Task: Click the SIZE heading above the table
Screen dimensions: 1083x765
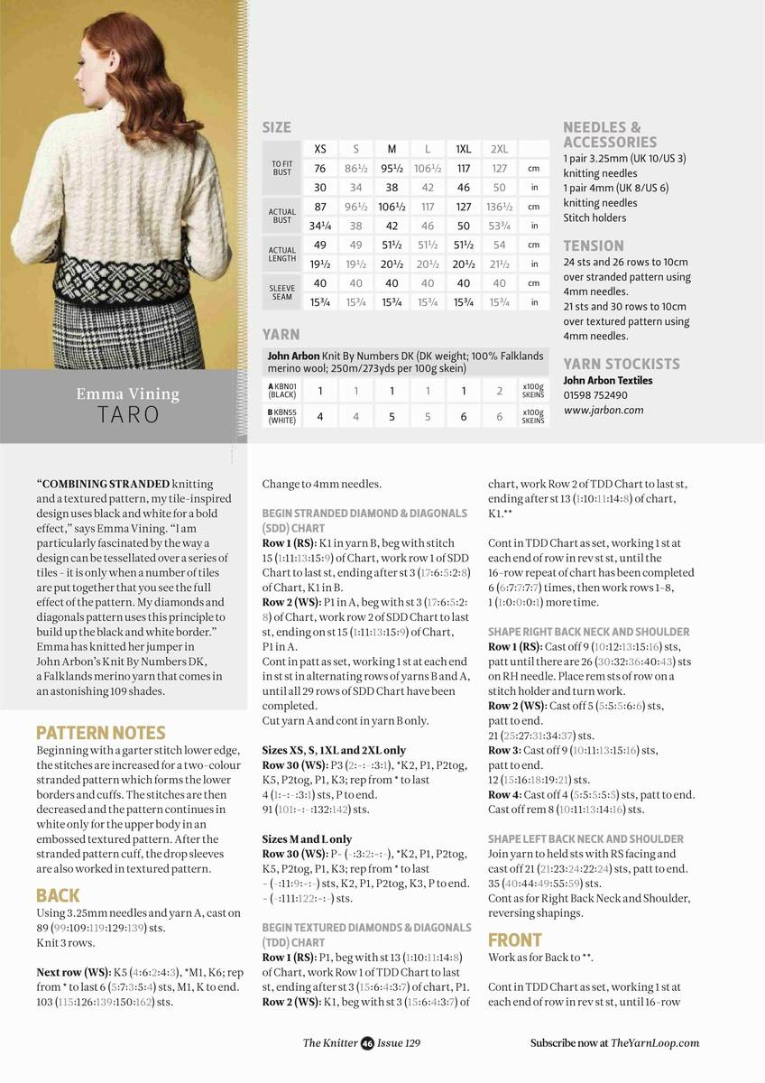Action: click(276, 127)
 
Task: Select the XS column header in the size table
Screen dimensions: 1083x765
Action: click(320, 149)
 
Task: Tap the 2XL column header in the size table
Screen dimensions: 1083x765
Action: click(499, 149)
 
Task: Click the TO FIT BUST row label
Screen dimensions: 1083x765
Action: click(282, 168)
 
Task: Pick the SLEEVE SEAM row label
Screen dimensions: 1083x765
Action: click(282, 292)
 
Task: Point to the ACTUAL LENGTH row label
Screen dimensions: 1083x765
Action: click(282, 254)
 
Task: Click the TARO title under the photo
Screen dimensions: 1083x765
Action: click(127, 415)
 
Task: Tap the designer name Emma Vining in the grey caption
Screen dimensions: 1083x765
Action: click(127, 393)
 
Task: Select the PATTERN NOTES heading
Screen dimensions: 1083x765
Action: click(100, 732)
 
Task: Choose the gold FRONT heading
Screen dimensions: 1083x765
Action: click(514, 940)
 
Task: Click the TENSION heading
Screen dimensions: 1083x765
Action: click(594, 245)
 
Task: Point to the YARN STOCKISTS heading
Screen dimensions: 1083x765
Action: click(622, 364)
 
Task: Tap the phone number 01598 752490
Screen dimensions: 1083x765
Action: click(595, 394)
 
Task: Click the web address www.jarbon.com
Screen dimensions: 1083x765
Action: click(604, 410)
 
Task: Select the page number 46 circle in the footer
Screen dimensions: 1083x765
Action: click(367, 1043)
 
